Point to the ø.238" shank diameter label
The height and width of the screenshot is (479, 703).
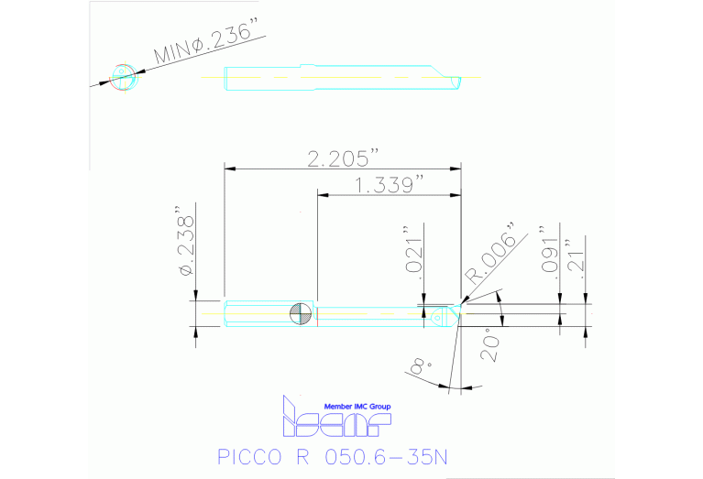[x=185, y=245]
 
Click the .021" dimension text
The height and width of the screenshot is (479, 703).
[x=413, y=250]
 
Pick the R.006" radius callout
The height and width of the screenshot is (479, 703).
[x=491, y=253]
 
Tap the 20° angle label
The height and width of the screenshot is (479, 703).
[x=488, y=346]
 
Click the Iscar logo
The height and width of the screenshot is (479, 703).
[x=335, y=419]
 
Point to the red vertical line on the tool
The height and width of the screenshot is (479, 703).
[x=316, y=313]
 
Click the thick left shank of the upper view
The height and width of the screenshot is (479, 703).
[x=262, y=79]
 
